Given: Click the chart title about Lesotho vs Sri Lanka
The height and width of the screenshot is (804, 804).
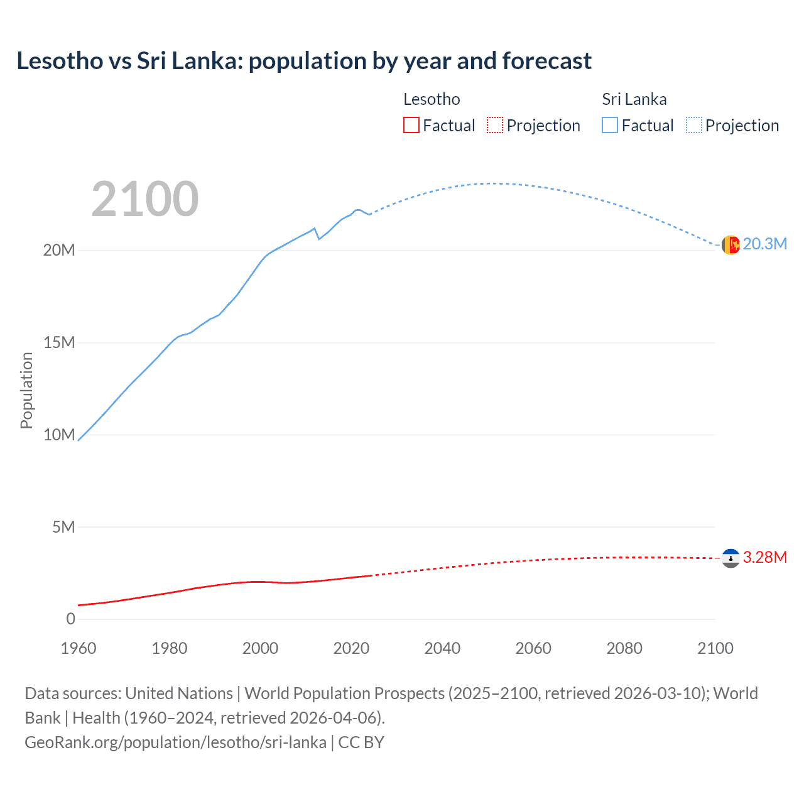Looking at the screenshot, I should point(304,61).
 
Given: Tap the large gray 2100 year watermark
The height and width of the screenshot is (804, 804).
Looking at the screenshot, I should point(145,199).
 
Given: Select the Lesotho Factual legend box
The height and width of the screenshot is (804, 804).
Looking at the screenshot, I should point(411,126).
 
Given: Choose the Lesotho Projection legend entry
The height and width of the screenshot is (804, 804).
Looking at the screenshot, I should point(533,126).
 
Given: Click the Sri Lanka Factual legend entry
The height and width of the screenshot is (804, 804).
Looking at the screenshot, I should point(638,126).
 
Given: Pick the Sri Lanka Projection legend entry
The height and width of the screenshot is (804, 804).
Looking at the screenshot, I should point(732,126).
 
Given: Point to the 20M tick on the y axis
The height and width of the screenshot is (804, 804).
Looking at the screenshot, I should point(59,250).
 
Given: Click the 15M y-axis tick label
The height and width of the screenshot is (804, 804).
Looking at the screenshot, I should point(59,342).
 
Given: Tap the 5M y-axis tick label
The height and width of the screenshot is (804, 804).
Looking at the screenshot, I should point(63,527).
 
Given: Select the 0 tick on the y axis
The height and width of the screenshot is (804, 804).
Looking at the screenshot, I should point(70,619).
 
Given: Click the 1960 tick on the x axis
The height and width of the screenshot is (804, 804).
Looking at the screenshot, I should point(79,648).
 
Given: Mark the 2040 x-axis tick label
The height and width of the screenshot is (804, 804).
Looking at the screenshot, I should point(442,648).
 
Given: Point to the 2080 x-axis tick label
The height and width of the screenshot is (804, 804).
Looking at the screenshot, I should point(624,648).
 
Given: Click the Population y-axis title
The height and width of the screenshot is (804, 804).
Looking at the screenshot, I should point(26,390).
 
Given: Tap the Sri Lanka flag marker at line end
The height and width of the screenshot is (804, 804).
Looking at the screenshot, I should point(731,245).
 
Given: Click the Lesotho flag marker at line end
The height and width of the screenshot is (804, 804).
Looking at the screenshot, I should point(731,558).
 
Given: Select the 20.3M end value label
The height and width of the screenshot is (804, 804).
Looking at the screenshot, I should point(764,244).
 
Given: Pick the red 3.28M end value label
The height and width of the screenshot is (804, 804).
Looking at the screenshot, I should point(764,558).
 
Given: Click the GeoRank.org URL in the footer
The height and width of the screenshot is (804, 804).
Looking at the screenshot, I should point(176,742).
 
